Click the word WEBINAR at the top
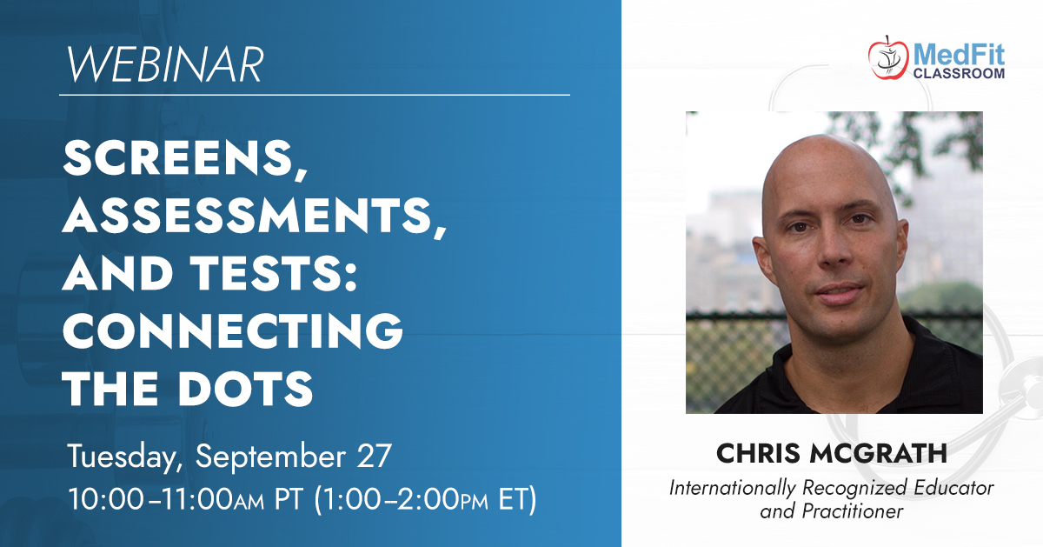[166, 63]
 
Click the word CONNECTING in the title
[232, 330]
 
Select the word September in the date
[270, 457]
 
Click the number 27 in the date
[374, 455]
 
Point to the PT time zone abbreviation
[289, 499]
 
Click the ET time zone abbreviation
[513, 499]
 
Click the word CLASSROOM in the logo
[959, 74]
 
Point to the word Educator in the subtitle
[953, 488]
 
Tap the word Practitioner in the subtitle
[853, 511]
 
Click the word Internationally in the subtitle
[733, 489]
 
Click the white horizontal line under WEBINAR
[315, 95]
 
